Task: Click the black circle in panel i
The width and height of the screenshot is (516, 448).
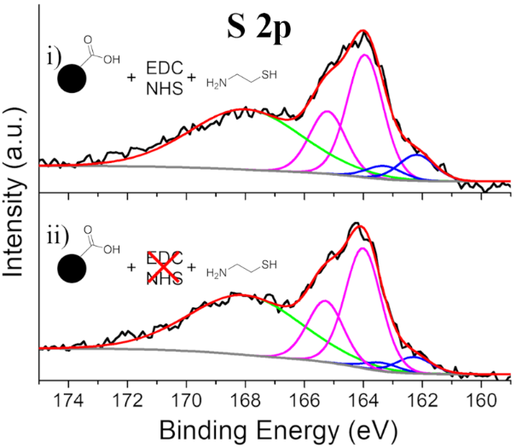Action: [75, 82]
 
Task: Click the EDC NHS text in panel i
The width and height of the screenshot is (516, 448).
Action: [165, 77]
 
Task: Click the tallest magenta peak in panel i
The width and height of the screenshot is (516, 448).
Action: [364, 56]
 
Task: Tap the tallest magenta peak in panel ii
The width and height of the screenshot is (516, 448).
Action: [362, 249]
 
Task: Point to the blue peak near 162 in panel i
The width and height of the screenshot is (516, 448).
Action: [418, 156]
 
